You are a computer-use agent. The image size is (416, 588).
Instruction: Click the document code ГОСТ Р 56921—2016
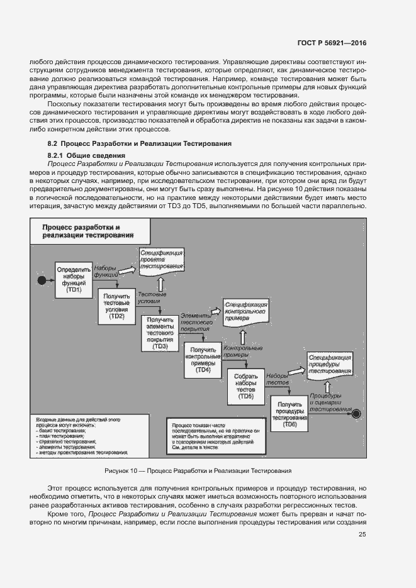tap(332, 42)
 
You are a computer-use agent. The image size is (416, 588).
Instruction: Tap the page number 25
tap(363, 535)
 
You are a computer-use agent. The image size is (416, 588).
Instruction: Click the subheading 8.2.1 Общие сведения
tap(86, 155)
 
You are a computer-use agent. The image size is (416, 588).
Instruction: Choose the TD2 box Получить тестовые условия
tap(116, 306)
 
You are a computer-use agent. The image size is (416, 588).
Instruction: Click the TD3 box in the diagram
tap(160, 333)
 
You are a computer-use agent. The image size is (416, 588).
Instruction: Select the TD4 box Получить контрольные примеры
tap(203, 360)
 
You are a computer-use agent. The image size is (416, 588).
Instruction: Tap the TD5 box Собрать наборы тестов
tap(245, 386)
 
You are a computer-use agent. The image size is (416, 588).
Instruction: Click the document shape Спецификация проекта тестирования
tap(161, 258)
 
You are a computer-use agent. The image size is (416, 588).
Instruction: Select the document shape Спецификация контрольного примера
tap(245, 311)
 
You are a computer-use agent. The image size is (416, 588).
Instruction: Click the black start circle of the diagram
tap(42, 279)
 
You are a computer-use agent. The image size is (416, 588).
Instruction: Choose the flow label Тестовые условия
tap(152, 297)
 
